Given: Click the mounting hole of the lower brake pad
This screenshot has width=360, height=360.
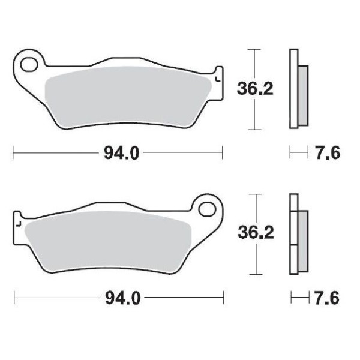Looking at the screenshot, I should (208, 209).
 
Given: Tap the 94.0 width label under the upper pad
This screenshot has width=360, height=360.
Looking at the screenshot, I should (122, 154).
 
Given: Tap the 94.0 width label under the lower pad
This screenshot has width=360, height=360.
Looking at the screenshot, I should (122, 298).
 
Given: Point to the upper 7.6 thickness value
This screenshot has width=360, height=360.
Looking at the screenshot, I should (327, 154).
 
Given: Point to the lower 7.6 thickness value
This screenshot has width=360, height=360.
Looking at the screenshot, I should (327, 298).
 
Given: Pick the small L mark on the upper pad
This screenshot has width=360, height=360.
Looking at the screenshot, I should (217, 77).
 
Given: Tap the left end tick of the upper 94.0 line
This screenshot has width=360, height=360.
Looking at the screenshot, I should (13, 154).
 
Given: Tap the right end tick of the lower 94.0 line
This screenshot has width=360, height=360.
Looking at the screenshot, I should (223, 298).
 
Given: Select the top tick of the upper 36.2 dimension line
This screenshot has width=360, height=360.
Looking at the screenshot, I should (256, 49).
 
